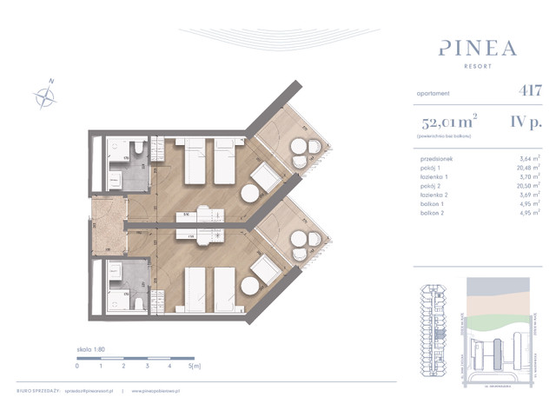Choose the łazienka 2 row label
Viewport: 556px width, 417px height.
click(x=431, y=198)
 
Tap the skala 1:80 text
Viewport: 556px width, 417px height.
click(x=91, y=347)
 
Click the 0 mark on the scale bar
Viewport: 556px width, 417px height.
click(x=77, y=367)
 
